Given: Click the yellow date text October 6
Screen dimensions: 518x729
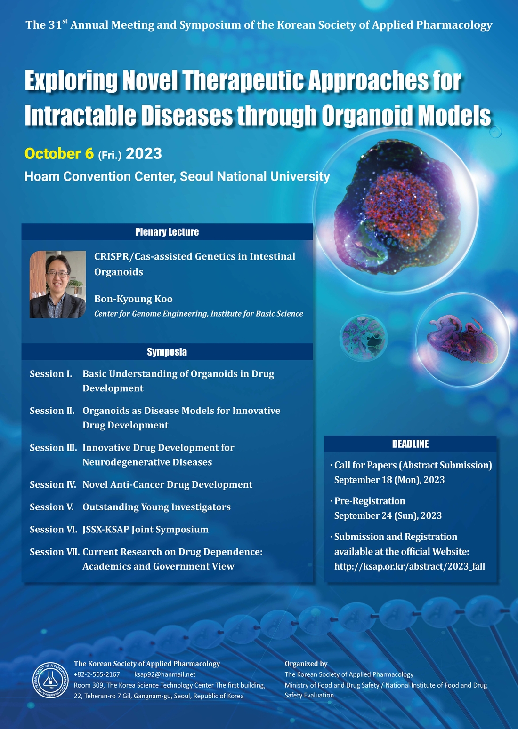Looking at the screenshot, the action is point(59,154).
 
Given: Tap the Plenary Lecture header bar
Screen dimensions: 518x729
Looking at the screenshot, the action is point(167,232).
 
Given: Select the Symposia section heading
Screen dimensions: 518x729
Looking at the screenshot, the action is point(167,352).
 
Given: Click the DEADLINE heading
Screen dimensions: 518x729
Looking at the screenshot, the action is point(410,444).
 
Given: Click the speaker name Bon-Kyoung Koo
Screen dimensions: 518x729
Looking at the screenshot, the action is point(133,299).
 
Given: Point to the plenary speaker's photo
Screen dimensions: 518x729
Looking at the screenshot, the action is point(57,285).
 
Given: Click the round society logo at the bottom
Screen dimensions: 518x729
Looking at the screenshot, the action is point(50,680).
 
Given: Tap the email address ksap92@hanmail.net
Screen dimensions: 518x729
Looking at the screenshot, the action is point(165,674).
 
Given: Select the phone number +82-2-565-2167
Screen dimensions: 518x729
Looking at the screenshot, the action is point(97,674).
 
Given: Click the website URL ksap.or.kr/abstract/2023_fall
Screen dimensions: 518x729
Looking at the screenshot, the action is point(410,566).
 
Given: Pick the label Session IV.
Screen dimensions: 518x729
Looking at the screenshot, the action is point(53,484).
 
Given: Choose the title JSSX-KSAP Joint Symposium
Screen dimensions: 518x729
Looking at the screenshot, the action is point(146,529).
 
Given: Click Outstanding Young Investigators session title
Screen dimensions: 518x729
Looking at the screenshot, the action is point(156,507).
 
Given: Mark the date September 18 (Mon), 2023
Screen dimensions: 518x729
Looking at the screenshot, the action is point(389,480).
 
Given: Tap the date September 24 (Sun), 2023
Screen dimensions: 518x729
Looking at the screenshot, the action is point(388,515).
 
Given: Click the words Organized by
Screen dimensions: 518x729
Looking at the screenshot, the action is point(306,663).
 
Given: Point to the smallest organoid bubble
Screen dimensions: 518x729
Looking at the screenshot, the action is point(364,338).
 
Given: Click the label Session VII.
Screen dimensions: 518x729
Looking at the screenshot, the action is point(55,552).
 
